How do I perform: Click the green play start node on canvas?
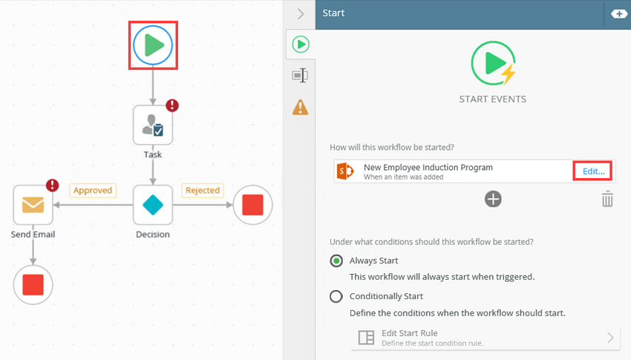click(x=153, y=45)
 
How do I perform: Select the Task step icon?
click(x=153, y=125)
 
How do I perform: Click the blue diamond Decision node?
click(x=153, y=205)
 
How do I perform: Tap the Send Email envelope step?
click(x=33, y=205)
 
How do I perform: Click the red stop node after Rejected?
click(x=252, y=205)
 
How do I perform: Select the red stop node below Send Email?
click(x=33, y=285)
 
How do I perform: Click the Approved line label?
click(x=93, y=190)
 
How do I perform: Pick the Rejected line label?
click(x=203, y=190)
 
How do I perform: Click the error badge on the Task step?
click(x=172, y=105)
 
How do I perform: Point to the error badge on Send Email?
click(x=52, y=185)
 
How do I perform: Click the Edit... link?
click(x=594, y=171)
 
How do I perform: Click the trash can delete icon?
click(x=607, y=199)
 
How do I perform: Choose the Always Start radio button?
click(x=336, y=261)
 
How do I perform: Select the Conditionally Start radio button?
click(x=336, y=296)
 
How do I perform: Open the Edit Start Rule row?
click(x=485, y=338)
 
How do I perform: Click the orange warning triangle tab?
click(x=300, y=107)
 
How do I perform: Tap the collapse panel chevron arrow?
click(x=301, y=13)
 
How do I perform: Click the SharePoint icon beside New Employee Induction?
click(x=345, y=171)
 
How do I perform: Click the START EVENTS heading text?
click(x=493, y=99)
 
